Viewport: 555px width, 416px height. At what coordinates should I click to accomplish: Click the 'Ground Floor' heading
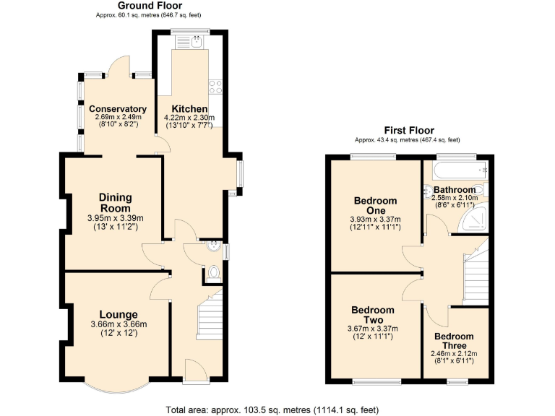145,6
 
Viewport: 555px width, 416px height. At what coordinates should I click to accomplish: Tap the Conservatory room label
117,109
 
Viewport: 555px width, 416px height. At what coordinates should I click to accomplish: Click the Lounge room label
119,314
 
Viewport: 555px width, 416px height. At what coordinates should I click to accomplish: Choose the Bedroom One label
375,206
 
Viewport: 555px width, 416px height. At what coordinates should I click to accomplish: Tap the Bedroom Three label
454,341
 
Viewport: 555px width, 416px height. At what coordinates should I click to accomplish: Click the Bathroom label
455,190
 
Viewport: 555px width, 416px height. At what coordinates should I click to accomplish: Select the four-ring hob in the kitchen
215,87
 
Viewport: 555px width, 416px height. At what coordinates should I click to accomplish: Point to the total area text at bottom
272,409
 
